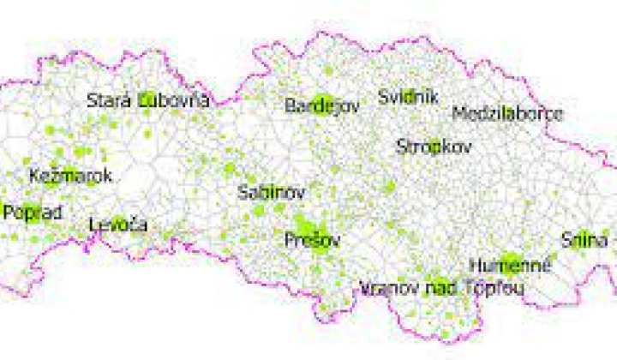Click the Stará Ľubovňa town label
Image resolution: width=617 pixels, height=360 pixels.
pyautogui.click(x=148, y=100)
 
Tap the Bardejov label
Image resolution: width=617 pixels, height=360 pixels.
pyautogui.click(x=321, y=105)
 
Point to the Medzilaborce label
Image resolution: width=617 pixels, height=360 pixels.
pyautogui.click(x=507, y=113)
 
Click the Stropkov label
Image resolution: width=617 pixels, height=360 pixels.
pyautogui.click(x=434, y=147)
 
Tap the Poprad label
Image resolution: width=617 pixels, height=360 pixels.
pyautogui.click(x=32, y=212)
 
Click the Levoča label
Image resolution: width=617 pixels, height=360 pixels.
pyautogui.click(x=118, y=225)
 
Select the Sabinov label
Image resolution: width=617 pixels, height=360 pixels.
pyautogui.click(x=271, y=191)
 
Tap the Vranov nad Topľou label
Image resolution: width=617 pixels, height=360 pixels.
pyautogui.click(x=442, y=288)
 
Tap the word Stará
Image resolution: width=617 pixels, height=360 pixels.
pyautogui.click(x=109, y=100)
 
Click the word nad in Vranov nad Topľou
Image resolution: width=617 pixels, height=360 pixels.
pyautogui.click(x=442, y=288)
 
